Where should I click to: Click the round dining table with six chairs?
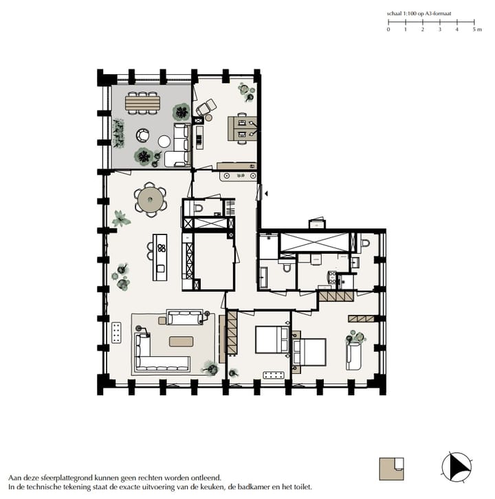point(150,200)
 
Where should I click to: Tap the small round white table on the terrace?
point(164,141)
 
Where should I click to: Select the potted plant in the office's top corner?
point(244,89)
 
